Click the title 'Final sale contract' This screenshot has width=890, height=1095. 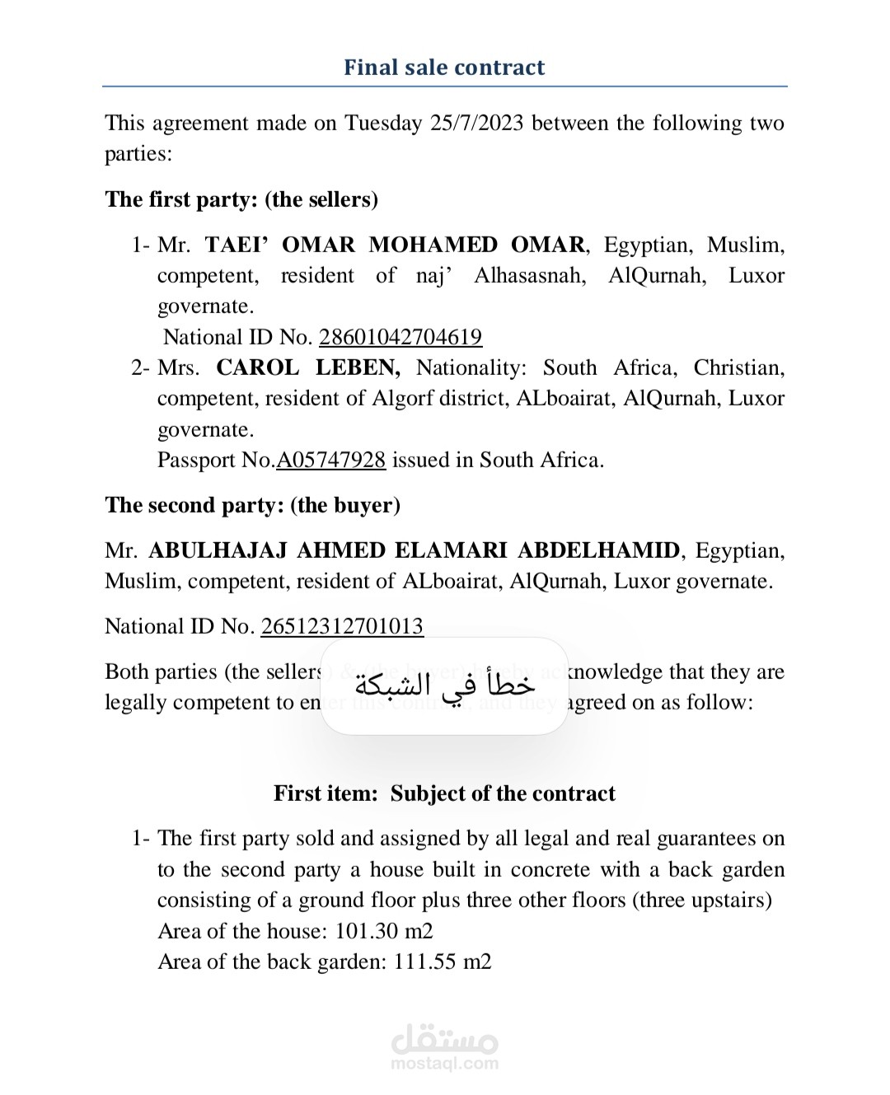pos(444,67)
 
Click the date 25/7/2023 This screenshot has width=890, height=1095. pos(476,123)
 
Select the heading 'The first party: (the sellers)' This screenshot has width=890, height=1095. pos(241,199)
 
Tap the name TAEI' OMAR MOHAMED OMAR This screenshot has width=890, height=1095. pos(395,245)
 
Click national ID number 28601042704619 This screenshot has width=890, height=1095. pos(400,337)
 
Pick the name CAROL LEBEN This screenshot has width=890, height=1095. pos(308,367)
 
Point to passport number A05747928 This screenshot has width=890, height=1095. pos(330,460)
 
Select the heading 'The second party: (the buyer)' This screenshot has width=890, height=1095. pos(252,505)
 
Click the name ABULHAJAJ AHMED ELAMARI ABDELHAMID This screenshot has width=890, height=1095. pos(414,550)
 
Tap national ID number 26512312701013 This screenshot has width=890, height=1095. pos(342,626)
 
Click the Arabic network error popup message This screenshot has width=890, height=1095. pos(444,685)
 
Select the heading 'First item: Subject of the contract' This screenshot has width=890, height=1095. pos(444,793)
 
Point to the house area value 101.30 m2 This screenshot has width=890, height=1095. pos(384,931)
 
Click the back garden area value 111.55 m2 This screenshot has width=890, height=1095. pos(443,962)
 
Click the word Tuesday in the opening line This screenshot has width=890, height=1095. pos(383,123)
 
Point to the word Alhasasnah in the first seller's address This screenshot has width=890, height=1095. pos(530,275)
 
